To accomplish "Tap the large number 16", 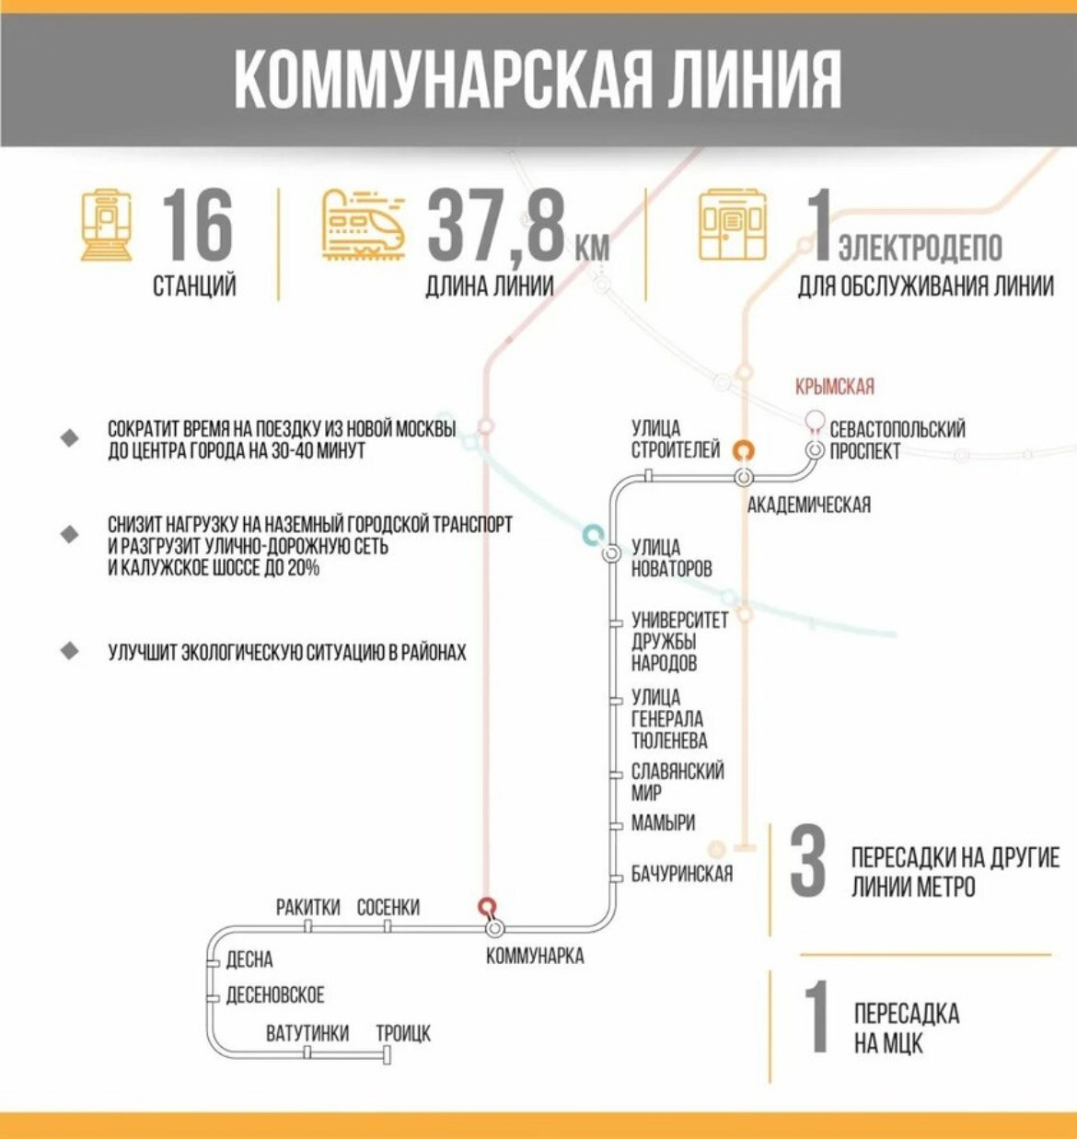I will click(x=197, y=226).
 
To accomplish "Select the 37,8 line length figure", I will click(x=495, y=226).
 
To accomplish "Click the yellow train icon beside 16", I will click(x=106, y=225).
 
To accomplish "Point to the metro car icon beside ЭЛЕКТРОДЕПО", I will click(x=732, y=225).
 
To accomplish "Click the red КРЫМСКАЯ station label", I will click(x=834, y=387).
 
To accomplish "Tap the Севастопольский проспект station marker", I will click(x=815, y=450).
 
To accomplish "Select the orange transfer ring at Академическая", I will click(x=744, y=450).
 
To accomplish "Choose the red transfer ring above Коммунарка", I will click(x=487, y=906).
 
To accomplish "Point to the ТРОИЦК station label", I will click(x=402, y=1033).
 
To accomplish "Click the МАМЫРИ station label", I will click(x=663, y=823).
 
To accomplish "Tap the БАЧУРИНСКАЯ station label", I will click(x=681, y=874).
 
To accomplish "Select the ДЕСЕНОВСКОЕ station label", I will click(x=275, y=995).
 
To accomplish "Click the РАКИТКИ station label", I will click(x=308, y=907).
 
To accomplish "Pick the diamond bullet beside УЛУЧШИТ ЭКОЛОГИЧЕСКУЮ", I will click(x=70, y=651).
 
